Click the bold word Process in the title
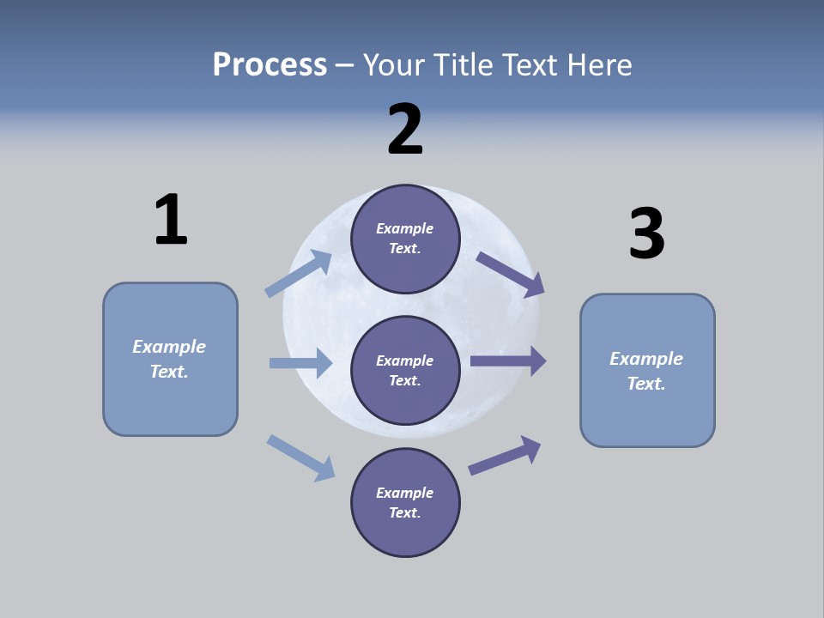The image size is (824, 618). [270, 64]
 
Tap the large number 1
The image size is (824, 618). [170, 220]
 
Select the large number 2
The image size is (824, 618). [405, 130]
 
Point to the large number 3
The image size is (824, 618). [646, 234]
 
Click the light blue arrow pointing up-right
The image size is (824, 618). [299, 274]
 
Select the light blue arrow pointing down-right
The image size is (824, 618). [301, 457]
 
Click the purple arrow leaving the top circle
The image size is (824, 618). [511, 275]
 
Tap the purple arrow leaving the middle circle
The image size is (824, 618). [508, 361]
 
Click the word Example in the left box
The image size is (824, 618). [169, 347]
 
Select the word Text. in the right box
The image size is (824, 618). [646, 384]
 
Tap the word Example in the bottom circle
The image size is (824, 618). [404, 493]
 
